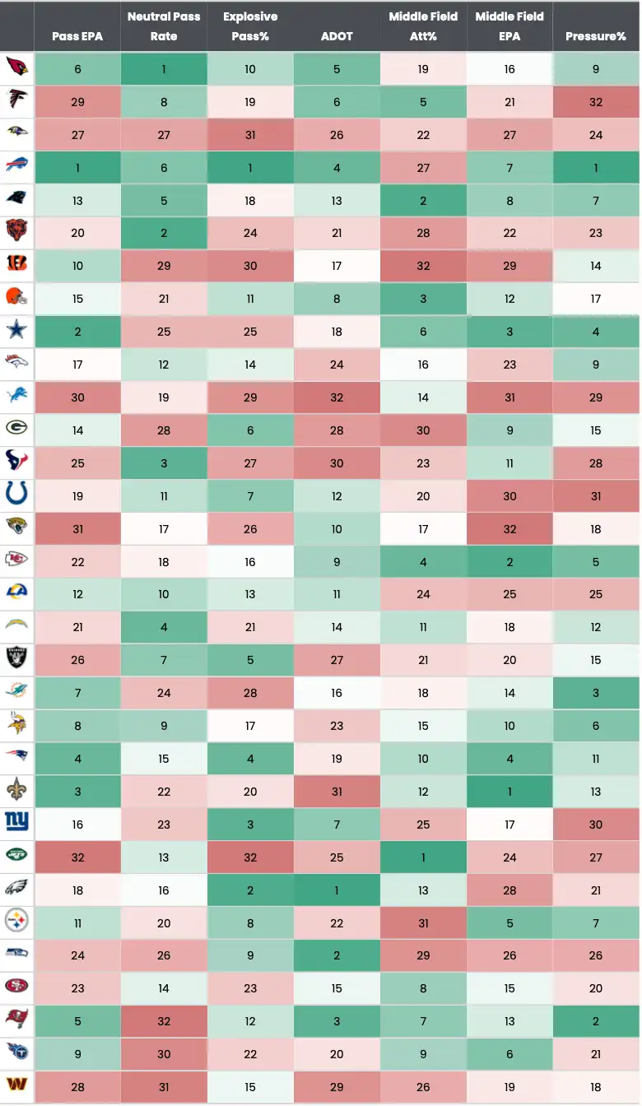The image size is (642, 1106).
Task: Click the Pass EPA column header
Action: coord(77,36)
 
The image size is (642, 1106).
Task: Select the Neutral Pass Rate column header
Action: coord(164,26)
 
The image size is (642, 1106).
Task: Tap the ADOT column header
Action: coord(337,36)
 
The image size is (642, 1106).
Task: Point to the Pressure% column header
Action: coord(596,36)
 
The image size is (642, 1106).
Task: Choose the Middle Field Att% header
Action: coord(423,26)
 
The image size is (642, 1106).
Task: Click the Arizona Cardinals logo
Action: coord(16,69)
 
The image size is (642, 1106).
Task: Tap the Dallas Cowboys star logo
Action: coord(16,332)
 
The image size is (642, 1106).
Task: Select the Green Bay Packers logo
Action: coord(16,430)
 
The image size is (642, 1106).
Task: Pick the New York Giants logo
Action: coord(16,824)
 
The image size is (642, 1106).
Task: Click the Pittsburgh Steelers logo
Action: coord(16,922)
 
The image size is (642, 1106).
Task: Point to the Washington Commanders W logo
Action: coord(16,1087)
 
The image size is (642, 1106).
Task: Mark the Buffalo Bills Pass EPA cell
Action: coord(77,168)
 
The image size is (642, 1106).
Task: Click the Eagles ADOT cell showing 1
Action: coord(337,890)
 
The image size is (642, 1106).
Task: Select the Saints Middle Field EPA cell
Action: coord(509,792)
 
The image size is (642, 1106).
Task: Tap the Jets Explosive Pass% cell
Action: coord(250,857)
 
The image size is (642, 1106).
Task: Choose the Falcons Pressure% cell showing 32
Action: coord(596,102)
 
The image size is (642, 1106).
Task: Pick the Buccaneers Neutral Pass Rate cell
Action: coord(164,1021)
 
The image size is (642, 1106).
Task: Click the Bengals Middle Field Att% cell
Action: coord(423,266)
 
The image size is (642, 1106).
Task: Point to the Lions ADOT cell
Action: coord(337,397)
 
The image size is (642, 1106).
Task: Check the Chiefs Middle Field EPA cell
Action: coord(509,561)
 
